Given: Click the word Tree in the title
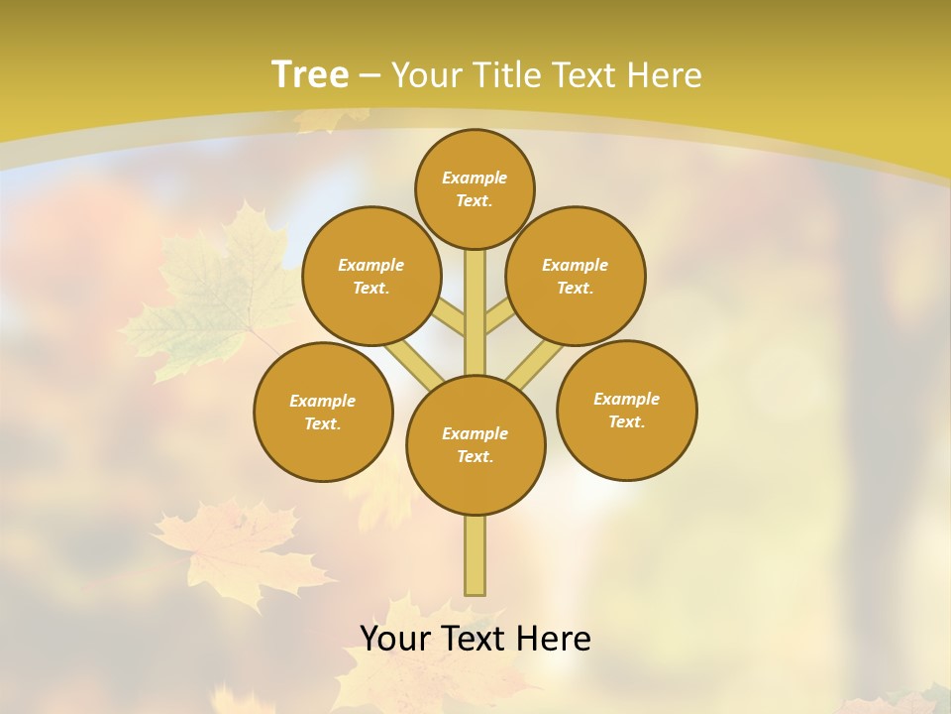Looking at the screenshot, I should (x=310, y=74).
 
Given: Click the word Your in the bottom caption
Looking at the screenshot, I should (x=396, y=639).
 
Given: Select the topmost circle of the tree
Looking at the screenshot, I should (x=475, y=188).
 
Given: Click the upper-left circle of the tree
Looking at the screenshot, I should (x=371, y=276).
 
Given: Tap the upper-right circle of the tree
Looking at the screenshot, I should (x=576, y=276).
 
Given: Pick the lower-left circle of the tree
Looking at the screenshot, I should (x=323, y=412).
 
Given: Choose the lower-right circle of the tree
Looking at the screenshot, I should (x=626, y=410).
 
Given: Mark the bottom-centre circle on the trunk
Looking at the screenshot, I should (x=475, y=445).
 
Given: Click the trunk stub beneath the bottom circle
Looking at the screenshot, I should (x=475, y=555).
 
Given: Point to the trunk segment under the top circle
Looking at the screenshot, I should (x=475, y=312).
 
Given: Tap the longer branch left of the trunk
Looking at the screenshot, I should (x=413, y=362).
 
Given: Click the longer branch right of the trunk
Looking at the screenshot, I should (x=535, y=363).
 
